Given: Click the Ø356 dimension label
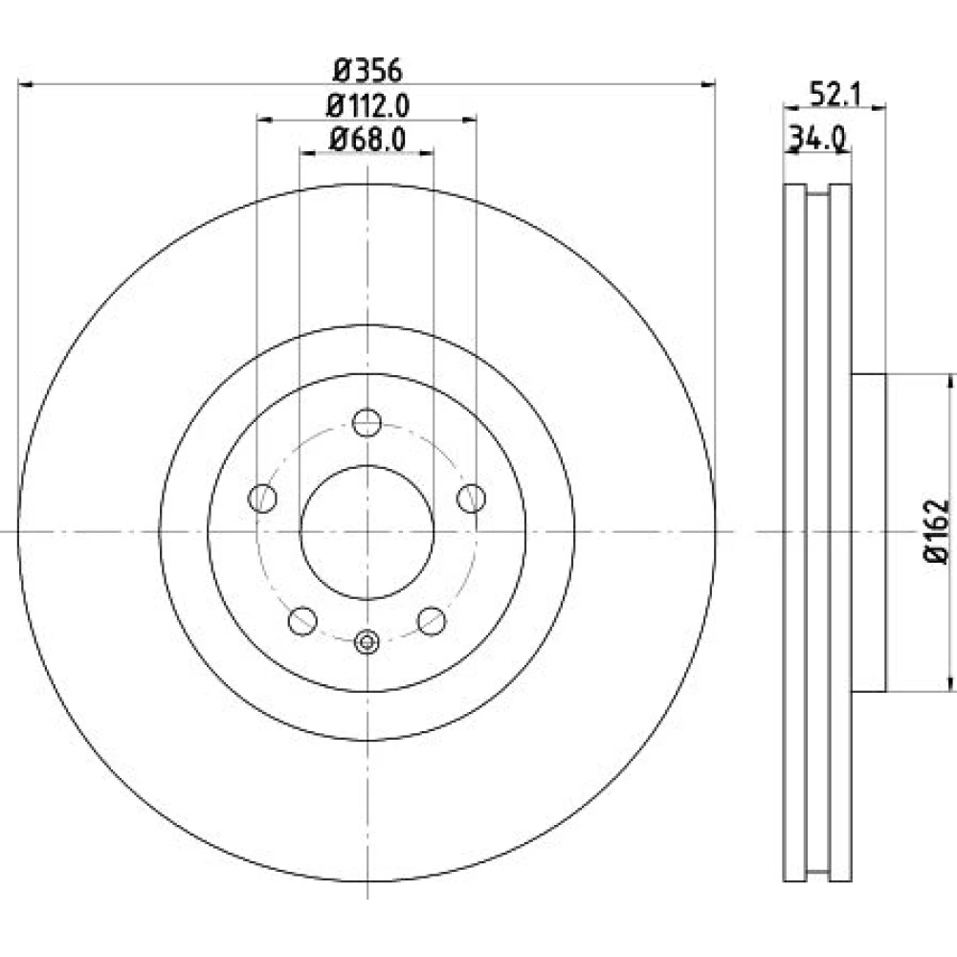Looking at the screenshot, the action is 367,71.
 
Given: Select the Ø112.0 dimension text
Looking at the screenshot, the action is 367,106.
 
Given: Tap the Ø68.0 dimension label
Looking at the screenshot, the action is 367,140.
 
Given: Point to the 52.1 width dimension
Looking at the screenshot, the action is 835,95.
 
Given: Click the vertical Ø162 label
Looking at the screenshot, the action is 936,531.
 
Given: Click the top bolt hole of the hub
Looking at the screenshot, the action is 367,422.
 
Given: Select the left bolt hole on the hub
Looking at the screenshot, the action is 262,498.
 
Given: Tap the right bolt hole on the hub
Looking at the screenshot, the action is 471,498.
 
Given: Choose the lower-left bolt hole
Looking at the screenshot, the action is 302,621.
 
